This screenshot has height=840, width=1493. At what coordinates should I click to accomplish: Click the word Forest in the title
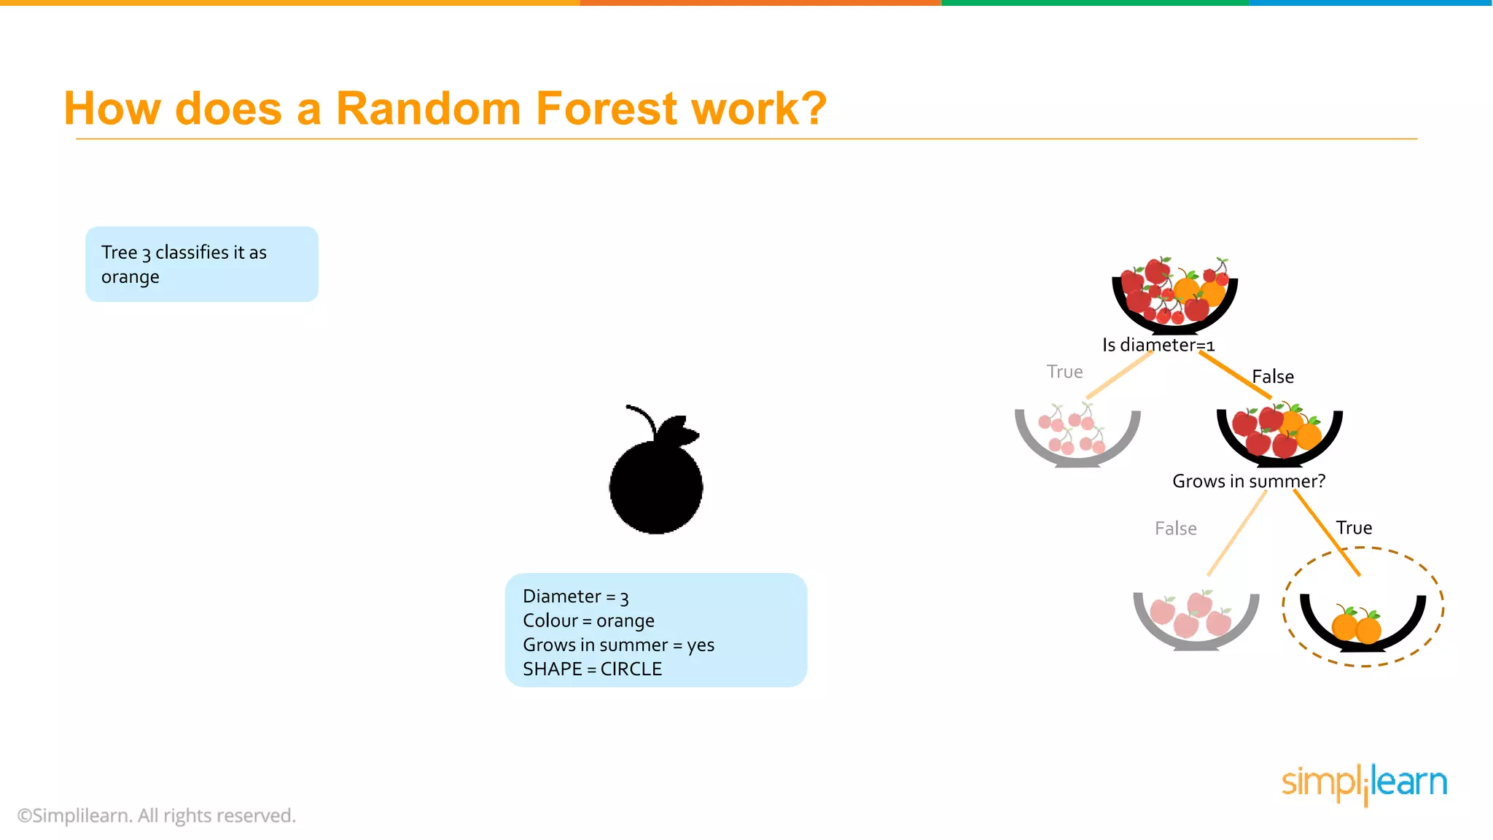pos(607,109)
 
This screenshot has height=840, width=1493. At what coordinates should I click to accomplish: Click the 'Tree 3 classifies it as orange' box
pos(202,264)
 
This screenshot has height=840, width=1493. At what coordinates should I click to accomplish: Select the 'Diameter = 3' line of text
pos(575,596)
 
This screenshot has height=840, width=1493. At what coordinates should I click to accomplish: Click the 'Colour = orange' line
pos(588,621)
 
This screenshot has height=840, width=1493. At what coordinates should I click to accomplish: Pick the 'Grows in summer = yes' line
pos(618,645)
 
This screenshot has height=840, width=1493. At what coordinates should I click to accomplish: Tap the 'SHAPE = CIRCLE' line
pos(592,669)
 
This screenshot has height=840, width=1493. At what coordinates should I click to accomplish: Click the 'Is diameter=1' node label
pos(1158,345)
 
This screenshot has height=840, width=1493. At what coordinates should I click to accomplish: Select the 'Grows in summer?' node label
pos(1248,481)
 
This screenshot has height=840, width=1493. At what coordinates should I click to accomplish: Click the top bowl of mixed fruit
pos(1174,295)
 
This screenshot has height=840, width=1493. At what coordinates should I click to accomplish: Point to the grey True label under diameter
pos(1064,372)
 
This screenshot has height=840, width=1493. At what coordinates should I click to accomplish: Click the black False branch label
pos(1273,377)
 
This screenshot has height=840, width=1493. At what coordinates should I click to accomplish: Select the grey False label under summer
pos(1175,529)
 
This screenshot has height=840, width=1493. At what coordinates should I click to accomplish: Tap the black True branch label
pos(1354,528)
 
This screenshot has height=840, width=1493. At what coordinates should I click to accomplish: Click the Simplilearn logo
pos(1364,784)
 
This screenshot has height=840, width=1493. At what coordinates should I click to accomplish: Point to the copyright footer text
pos(157,815)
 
